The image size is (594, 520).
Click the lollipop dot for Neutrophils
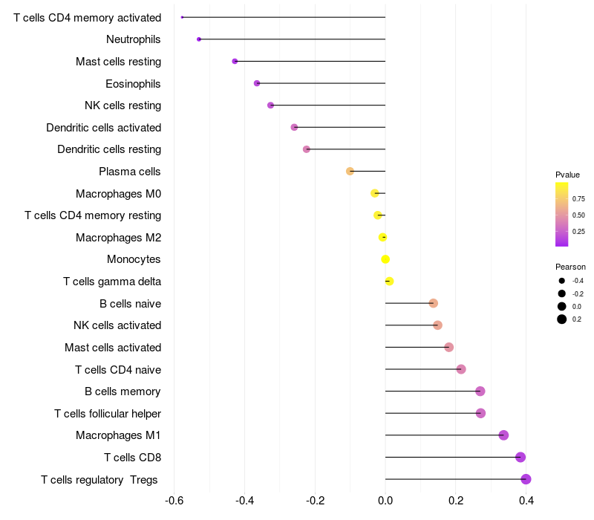pos(199,39)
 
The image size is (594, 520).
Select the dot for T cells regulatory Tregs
pos(526,479)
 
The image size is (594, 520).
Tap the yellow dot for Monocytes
pos(385,259)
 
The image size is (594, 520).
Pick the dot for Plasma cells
pos(350,172)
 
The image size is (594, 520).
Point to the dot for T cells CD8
pos(520,457)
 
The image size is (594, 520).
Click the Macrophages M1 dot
pos(503,435)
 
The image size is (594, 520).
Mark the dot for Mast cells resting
pos(235,61)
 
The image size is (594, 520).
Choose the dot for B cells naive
pos(434,303)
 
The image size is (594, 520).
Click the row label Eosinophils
pos(133,83)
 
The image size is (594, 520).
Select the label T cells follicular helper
pos(108,413)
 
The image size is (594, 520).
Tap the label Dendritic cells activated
pos(103,128)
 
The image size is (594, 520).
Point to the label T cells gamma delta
pos(112,282)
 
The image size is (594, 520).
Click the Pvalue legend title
pos(567,175)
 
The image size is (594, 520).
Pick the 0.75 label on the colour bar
pos(578,199)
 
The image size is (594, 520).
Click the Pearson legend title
pos(570,267)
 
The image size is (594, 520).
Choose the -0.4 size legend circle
pos(562,281)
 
